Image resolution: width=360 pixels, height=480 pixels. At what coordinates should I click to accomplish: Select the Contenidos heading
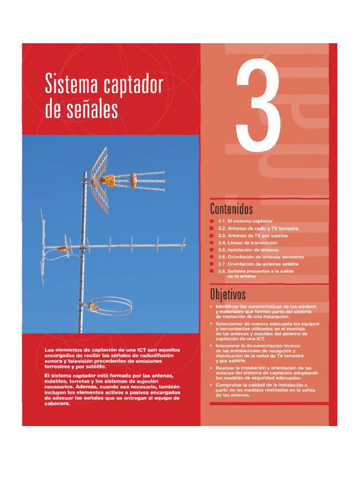(x=232, y=208)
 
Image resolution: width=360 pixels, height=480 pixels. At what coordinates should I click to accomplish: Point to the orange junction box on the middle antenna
(x=62, y=249)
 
